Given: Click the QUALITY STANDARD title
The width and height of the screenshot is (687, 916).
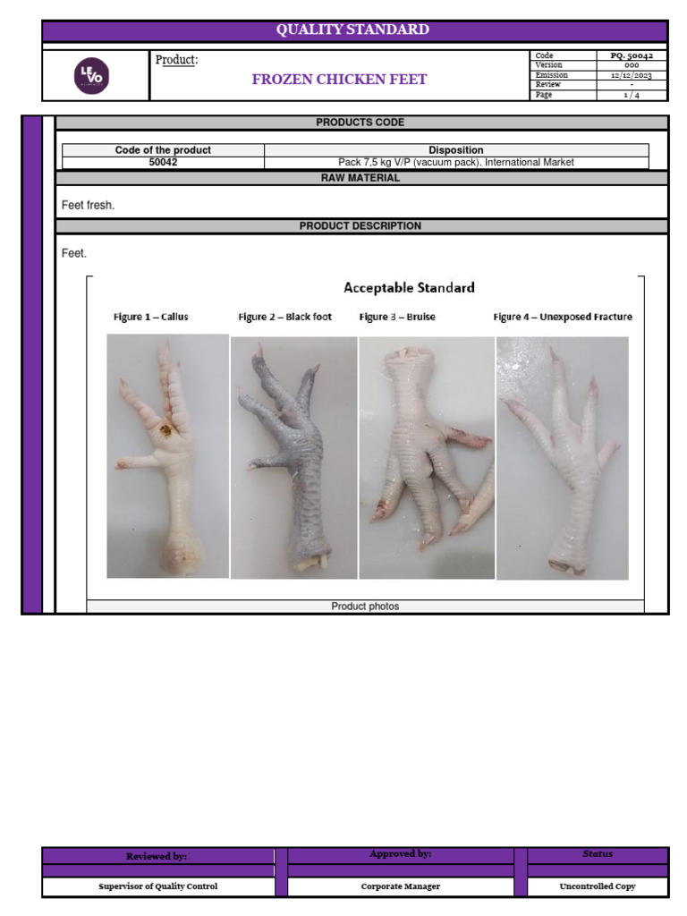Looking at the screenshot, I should click(x=352, y=30).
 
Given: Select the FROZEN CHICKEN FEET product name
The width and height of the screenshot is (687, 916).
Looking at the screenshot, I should click(x=339, y=79).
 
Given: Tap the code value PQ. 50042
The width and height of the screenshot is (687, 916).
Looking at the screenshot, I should click(x=632, y=55).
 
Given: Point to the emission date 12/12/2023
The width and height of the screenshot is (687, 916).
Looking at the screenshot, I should click(x=632, y=75).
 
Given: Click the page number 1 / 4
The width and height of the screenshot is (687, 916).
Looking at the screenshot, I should click(x=632, y=95).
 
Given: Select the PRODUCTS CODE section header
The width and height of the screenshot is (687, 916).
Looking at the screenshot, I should click(x=360, y=123).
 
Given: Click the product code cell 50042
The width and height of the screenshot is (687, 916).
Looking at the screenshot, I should click(x=163, y=163).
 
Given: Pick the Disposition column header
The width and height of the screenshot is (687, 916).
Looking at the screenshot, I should click(x=456, y=150).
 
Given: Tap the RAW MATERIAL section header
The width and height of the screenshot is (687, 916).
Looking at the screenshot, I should click(x=360, y=178).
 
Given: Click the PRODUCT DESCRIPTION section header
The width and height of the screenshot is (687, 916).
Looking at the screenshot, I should click(x=360, y=226).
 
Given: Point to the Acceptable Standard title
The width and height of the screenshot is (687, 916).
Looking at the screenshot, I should click(x=410, y=288).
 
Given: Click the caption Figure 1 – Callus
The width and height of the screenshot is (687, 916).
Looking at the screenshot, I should click(x=151, y=317).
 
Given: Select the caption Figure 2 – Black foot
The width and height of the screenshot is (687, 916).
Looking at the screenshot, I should click(x=284, y=317).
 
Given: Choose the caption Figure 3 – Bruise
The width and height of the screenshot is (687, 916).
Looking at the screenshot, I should click(x=397, y=317).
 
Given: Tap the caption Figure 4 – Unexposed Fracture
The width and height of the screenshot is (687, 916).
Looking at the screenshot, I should click(x=563, y=317).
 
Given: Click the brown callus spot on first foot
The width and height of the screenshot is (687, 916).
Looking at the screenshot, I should click(x=166, y=431).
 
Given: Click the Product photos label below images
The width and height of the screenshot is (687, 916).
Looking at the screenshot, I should click(x=365, y=606).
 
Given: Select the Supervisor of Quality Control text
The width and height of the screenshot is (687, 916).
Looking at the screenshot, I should click(x=157, y=886).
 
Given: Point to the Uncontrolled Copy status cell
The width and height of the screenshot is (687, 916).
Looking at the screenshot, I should click(x=598, y=886).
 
